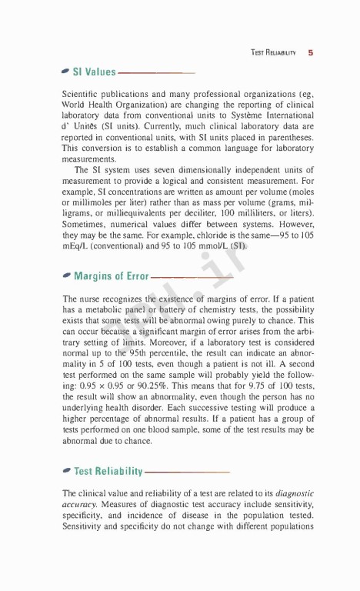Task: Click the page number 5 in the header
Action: (x=309, y=53)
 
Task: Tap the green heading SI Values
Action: (x=94, y=73)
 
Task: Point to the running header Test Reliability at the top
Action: (x=275, y=53)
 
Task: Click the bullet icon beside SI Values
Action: (x=66, y=72)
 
